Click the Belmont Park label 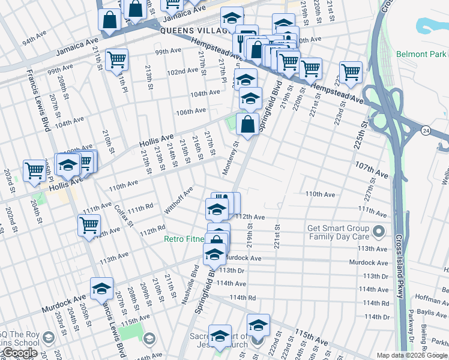coord(420,54)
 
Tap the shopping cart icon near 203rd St coord(34,170)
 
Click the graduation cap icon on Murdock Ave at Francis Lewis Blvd coord(102,288)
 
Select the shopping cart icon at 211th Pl coord(116,59)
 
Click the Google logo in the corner coord(19,353)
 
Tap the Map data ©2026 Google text coord(412,355)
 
